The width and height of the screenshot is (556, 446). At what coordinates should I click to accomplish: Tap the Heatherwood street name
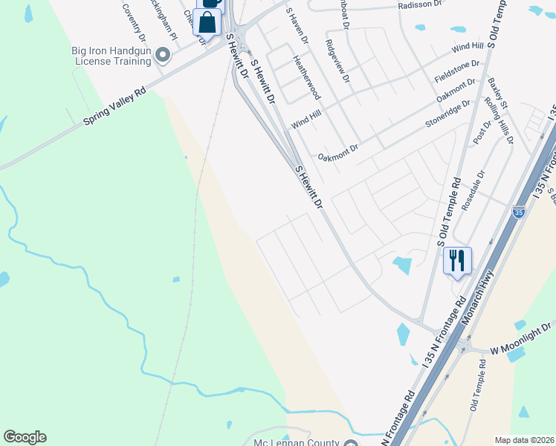click(306, 77)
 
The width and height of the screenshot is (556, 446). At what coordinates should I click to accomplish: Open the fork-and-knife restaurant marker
click(457, 260)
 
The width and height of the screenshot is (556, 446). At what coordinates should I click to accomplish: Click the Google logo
click(25, 437)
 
